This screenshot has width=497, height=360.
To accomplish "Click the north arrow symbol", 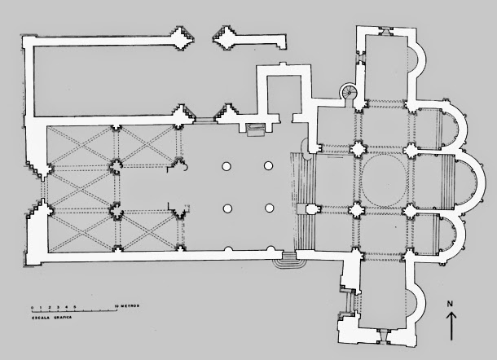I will point(451,326).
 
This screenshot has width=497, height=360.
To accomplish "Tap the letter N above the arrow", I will point(451,305).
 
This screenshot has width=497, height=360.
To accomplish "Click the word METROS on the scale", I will point(129,305).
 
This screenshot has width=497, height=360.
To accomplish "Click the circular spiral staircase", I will point(351,93).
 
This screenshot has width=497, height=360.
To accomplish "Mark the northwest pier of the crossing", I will point(358,150).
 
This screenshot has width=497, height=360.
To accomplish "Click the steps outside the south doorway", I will point(286,260).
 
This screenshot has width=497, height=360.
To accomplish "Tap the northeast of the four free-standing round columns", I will point(267,165).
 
